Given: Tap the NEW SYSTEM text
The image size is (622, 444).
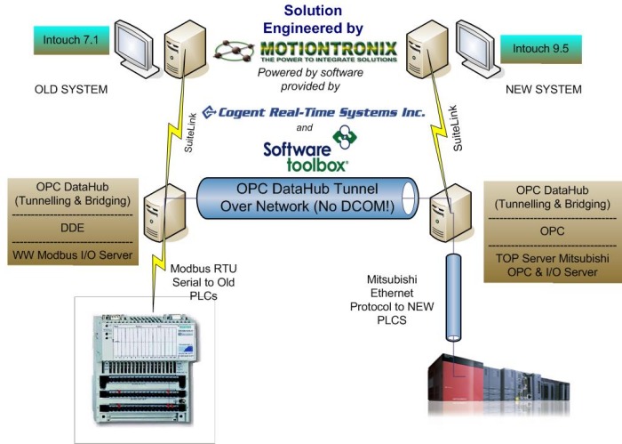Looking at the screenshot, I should (543, 90).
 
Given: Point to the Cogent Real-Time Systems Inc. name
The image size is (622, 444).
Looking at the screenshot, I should (314, 113).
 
